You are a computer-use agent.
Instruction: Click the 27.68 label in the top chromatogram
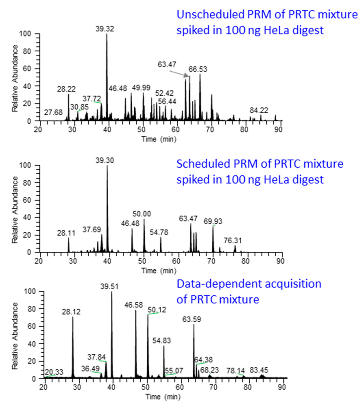coord(53,112)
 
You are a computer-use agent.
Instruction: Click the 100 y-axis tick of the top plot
coord(30,34)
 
